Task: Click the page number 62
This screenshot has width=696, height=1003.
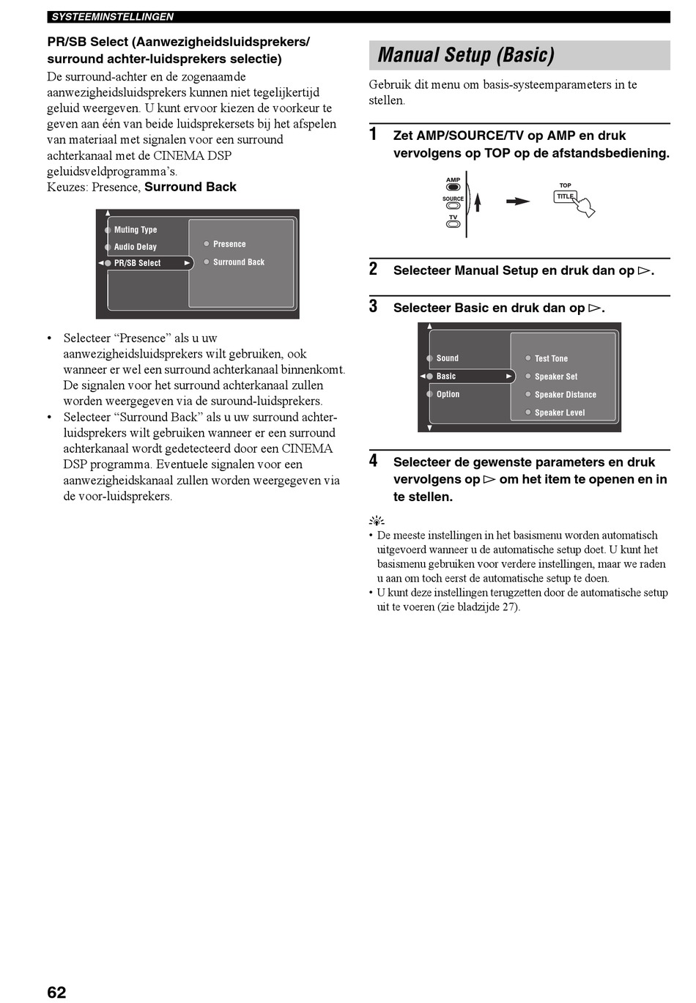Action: click(x=56, y=992)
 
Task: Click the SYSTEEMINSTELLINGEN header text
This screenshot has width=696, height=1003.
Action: click(x=112, y=17)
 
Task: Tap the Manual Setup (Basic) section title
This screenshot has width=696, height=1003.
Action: click(x=466, y=55)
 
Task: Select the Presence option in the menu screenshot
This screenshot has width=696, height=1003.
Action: click(x=229, y=244)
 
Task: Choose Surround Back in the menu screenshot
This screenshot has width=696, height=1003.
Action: click(x=238, y=262)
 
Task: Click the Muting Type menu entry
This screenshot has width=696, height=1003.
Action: click(x=135, y=229)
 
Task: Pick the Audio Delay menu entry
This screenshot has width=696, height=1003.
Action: click(x=135, y=247)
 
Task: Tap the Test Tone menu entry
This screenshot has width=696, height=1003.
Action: click(x=551, y=358)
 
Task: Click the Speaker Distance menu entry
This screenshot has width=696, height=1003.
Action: click(x=565, y=394)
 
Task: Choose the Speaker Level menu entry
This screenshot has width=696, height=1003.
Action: click(x=559, y=412)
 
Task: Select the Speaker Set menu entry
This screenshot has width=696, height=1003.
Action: click(x=555, y=377)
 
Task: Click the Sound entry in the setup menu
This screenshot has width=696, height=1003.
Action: click(x=447, y=358)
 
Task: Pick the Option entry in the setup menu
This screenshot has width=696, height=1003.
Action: click(x=448, y=394)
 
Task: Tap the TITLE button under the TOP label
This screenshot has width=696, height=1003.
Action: click(x=565, y=196)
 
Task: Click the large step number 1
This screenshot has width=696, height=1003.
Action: click(x=373, y=134)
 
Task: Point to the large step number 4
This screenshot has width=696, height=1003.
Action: click(x=373, y=461)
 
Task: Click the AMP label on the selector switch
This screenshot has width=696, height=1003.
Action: click(x=453, y=179)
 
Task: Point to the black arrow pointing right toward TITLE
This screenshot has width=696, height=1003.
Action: click(x=518, y=201)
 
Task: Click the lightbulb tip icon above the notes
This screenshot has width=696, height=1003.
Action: click(x=376, y=522)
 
